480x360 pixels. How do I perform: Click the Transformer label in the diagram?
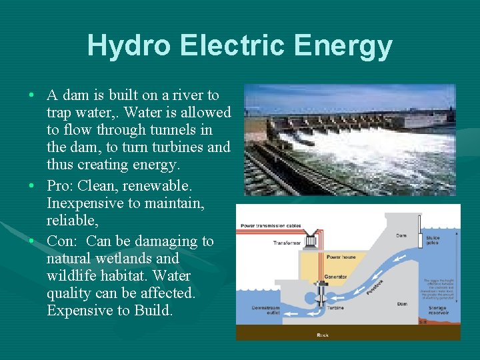coord(287,243)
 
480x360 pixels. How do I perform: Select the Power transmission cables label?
coord(271,226)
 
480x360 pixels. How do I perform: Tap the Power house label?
coord(340,257)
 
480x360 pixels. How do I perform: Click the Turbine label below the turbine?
coord(334,308)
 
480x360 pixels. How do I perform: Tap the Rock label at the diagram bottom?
coord(323,334)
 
